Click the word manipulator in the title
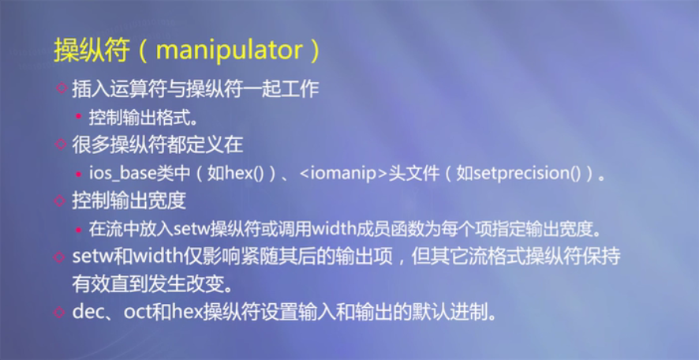point(229,51)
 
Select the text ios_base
point(121,173)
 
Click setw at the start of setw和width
point(88,257)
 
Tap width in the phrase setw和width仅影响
point(144,257)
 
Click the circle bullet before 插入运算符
point(59,88)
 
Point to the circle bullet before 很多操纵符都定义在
point(59,144)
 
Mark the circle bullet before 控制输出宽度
point(59,201)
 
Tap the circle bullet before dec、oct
point(59,312)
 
